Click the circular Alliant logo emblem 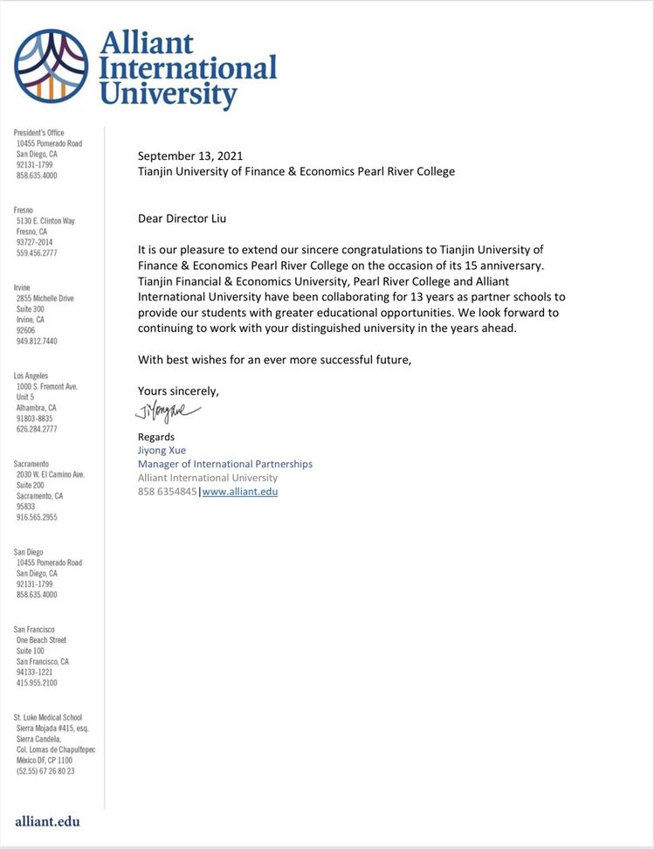click(51, 66)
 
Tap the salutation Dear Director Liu click(188, 217)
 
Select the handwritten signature click(169, 411)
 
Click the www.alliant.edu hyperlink click(240, 492)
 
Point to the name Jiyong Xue click(161, 451)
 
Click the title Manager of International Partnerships click(224, 464)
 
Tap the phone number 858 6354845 click(168, 492)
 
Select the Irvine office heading click(24, 287)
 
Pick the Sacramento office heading click(31, 464)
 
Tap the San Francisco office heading click(35, 630)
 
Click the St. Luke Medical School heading click(47, 717)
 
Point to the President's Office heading click(39, 133)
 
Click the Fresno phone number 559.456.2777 click(37, 253)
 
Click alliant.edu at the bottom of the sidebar click(47, 821)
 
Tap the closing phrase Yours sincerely click(178, 390)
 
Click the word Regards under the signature click(156, 437)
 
